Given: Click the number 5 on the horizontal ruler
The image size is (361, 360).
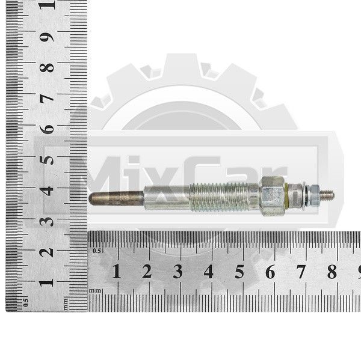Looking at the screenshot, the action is pyautogui.click(x=239, y=272).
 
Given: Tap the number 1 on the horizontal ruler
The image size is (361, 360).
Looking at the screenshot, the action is pyautogui.click(x=117, y=272).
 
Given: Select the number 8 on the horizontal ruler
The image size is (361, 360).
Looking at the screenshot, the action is pyautogui.click(x=332, y=272).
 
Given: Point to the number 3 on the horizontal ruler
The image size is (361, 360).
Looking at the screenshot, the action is pyautogui.click(x=177, y=272).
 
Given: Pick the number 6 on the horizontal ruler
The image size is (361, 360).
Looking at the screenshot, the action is pyautogui.click(x=270, y=272).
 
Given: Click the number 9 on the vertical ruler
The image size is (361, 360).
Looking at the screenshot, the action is pyautogui.click(x=47, y=37).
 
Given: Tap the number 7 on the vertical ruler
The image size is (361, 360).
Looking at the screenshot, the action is pyautogui.click(x=47, y=99).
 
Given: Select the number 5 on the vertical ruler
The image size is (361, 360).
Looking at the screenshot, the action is pyautogui.click(x=47, y=160).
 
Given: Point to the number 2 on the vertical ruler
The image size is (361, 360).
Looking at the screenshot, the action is pyautogui.click(x=47, y=252).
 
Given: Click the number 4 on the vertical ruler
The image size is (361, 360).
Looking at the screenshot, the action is pyautogui.click(x=47, y=191).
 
